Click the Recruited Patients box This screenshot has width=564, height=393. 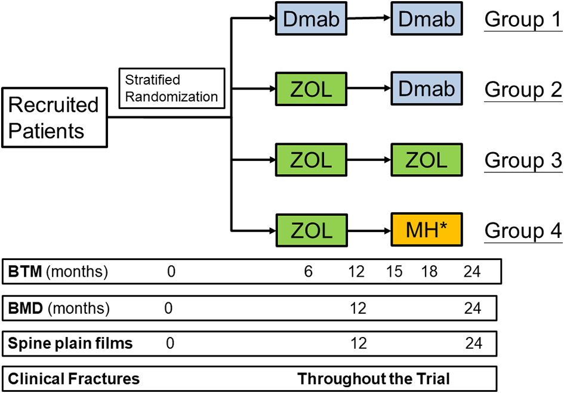(x=54, y=117)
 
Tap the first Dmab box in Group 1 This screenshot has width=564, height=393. (x=311, y=20)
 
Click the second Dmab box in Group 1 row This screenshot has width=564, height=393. (x=426, y=20)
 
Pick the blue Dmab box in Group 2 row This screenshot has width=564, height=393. (x=426, y=90)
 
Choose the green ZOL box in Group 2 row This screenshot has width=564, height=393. (x=311, y=90)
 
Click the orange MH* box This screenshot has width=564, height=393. (x=426, y=230)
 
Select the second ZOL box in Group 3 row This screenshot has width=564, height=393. (x=426, y=160)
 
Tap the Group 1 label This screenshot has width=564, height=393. (x=523, y=20)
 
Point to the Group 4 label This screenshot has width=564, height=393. (x=523, y=230)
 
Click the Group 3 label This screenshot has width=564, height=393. (x=523, y=160)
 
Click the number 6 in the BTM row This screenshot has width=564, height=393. (x=308, y=273)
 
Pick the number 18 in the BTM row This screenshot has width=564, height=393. (x=429, y=273)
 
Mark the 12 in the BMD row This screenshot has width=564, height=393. (x=357, y=308)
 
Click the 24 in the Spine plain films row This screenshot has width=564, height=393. (x=472, y=343)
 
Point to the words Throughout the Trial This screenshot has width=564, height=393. (x=374, y=378)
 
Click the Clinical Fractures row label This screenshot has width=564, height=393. (x=74, y=378)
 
